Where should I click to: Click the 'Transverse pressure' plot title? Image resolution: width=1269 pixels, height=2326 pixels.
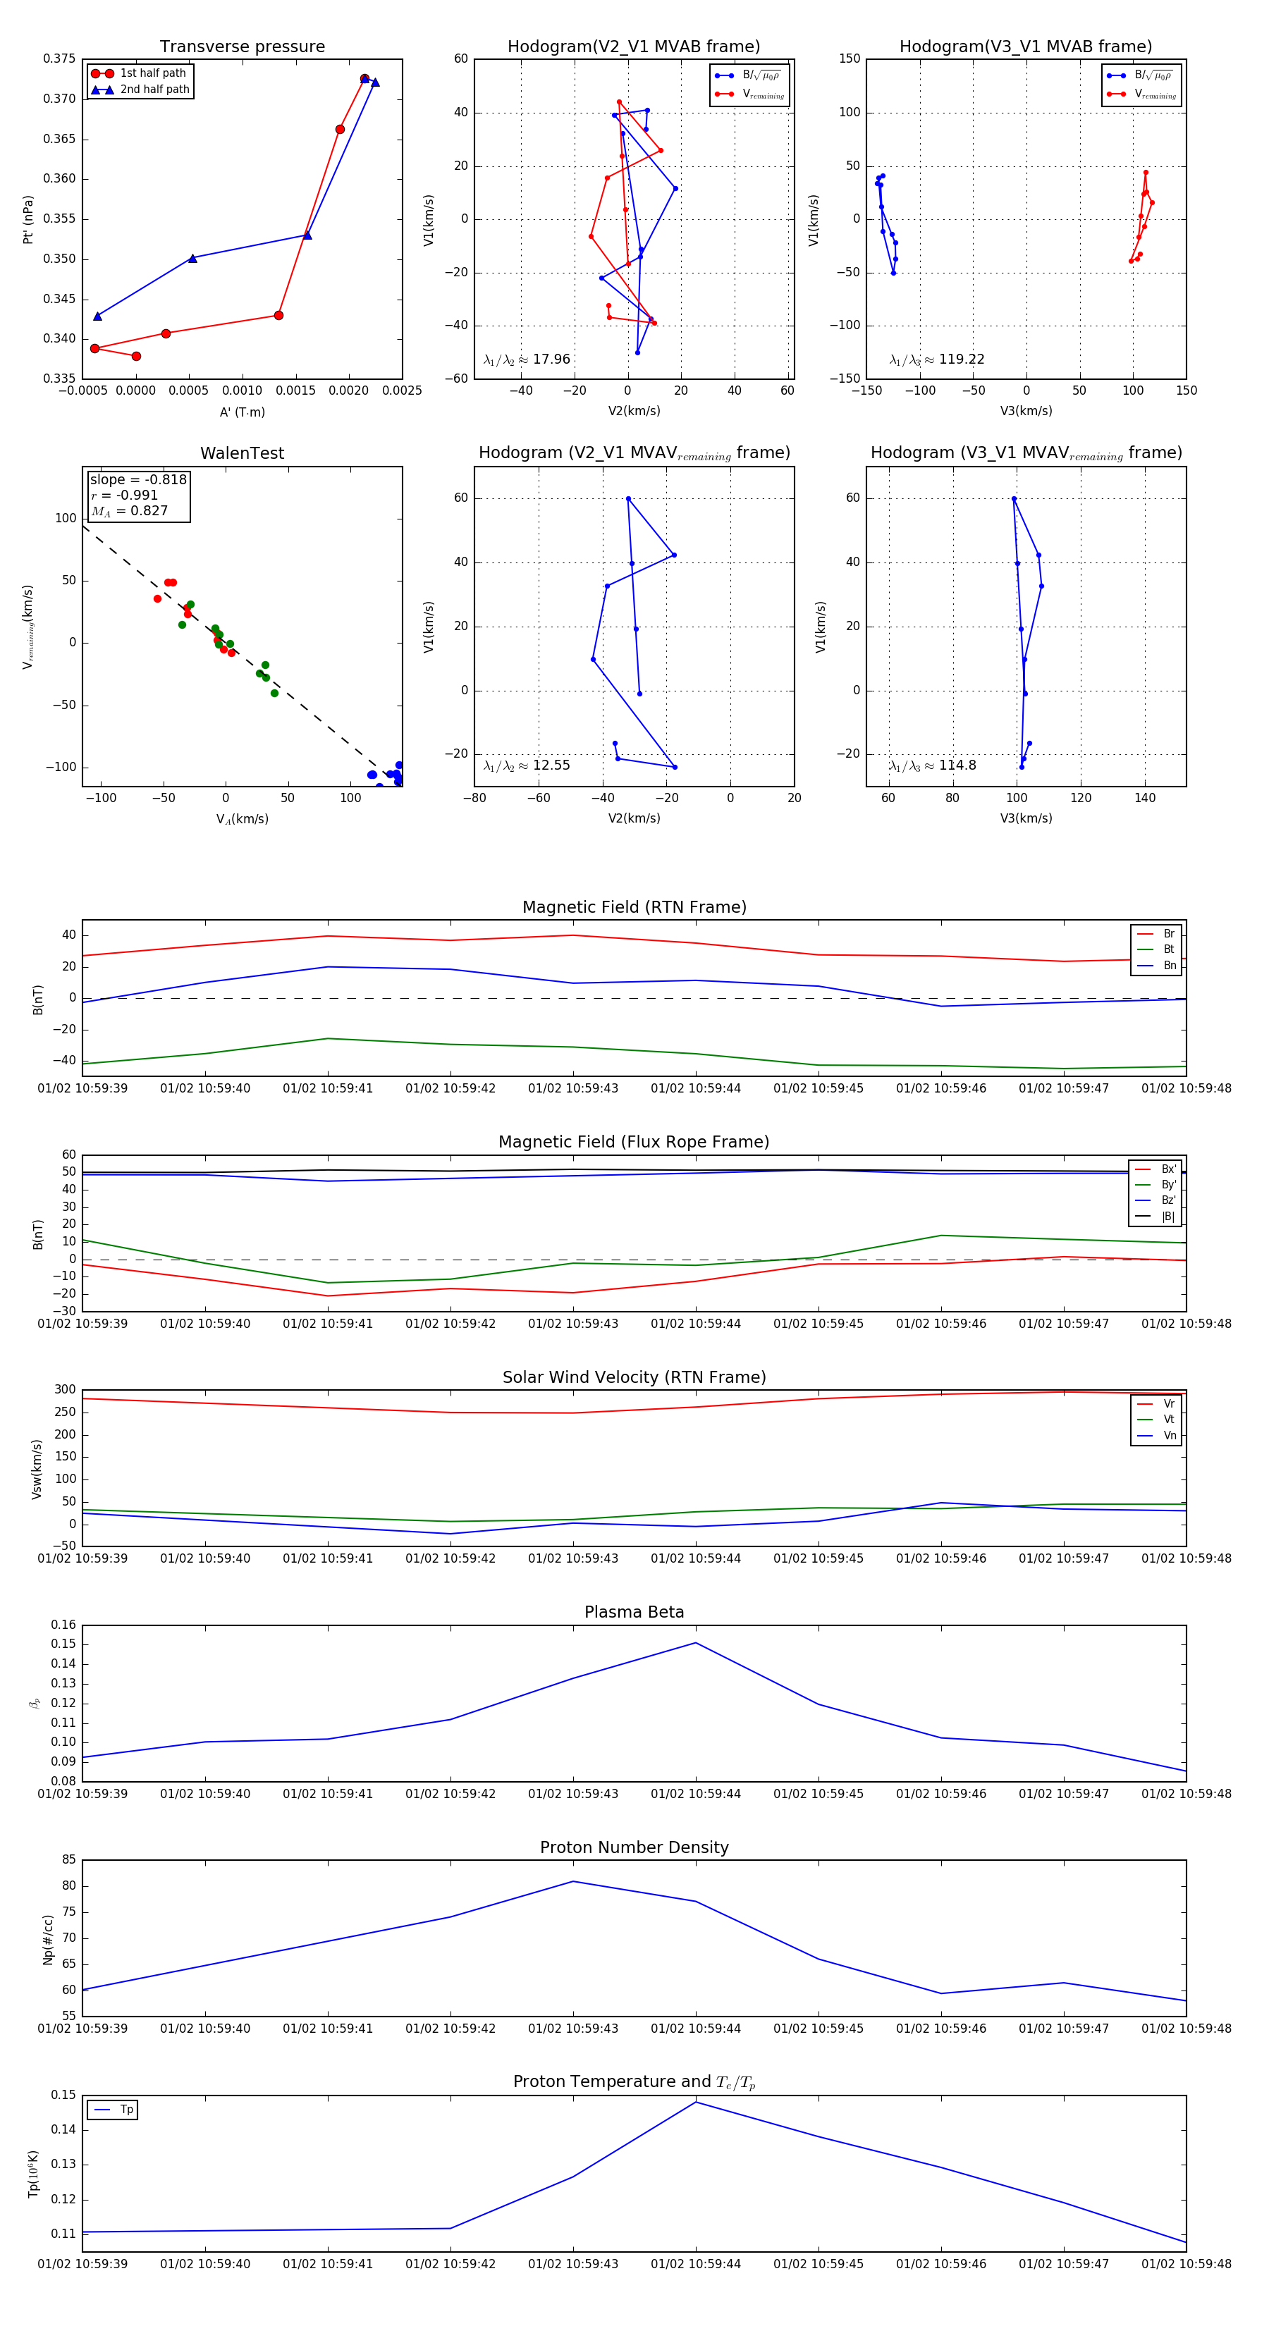pyautogui.click(x=242, y=47)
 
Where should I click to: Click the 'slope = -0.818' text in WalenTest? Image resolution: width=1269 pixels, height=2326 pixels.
pyautogui.click(x=138, y=479)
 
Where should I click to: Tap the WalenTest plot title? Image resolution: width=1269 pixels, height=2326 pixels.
pyautogui.click(x=242, y=453)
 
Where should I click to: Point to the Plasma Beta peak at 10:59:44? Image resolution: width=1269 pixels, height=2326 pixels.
pyautogui.click(x=695, y=1642)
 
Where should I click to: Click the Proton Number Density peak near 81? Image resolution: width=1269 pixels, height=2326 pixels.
pyautogui.click(x=572, y=1881)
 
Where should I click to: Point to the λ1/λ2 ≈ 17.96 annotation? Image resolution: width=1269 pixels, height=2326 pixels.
pyautogui.click(x=527, y=359)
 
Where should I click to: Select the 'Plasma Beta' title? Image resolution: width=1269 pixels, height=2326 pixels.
pyautogui.click(x=634, y=1612)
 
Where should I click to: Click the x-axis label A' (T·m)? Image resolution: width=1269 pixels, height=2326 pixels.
pyautogui.click(x=242, y=412)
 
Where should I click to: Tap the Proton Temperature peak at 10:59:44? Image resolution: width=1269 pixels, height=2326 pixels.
pyautogui.click(x=695, y=2102)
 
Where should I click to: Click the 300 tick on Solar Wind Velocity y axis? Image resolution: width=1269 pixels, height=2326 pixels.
pyautogui.click(x=65, y=1390)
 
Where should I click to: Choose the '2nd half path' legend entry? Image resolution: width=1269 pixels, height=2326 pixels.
pyautogui.click(x=154, y=90)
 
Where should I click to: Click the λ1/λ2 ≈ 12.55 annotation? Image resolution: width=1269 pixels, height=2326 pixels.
pyautogui.click(x=527, y=765)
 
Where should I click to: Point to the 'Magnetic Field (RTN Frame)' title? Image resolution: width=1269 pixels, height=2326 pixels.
pyautogui.click(x=634, y=906)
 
